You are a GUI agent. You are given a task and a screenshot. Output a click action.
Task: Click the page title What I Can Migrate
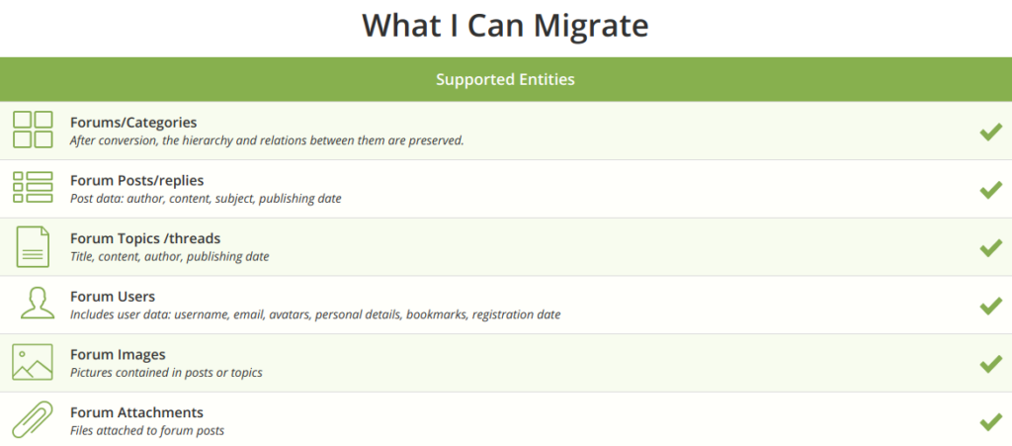[505, 26]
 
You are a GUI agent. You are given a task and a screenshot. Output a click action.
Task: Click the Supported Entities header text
[505, 80]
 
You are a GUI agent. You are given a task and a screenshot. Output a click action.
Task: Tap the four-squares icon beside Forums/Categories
[33, 130]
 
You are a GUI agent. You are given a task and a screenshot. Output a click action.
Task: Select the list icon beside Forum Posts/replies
[33, 187]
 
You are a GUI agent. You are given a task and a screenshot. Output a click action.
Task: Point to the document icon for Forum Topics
[33, 247]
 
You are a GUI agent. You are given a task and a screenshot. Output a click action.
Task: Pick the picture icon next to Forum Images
[33, 362]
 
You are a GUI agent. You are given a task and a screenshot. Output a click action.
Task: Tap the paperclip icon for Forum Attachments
[33, 420]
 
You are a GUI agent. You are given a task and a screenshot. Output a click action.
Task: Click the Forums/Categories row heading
[133, 123]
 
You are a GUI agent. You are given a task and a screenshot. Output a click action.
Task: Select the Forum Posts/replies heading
[136, 181]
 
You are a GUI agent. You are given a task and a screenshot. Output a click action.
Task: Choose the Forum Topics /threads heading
[145, 238]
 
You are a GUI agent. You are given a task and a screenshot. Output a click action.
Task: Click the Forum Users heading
[113, 297]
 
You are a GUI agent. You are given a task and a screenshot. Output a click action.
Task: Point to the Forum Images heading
[119, 355]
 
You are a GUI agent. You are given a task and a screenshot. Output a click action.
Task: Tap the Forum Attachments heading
[136, 412]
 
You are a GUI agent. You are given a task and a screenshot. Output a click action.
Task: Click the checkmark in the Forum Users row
[990, 306]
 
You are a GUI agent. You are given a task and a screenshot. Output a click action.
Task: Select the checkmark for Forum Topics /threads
[990, 247]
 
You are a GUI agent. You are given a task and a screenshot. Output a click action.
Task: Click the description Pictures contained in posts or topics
[166, 373]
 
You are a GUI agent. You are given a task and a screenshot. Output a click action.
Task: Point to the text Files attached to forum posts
[147, 430]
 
